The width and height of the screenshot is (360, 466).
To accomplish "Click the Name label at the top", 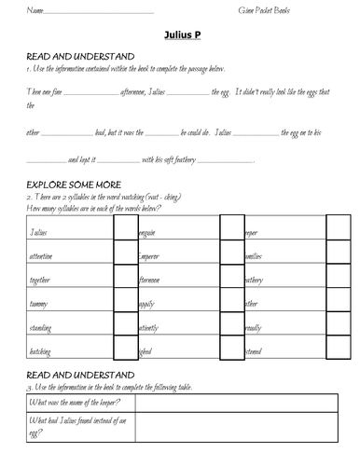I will tap(36, 10).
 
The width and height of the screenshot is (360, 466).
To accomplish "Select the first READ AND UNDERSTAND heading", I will tap(79, 57).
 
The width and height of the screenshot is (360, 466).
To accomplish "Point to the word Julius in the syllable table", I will tap(39, 230).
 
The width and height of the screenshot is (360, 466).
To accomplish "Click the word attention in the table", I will tap(42, 254).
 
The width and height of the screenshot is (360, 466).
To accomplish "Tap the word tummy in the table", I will tap(40, 304).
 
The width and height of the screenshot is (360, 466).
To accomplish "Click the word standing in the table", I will tap(42, 328).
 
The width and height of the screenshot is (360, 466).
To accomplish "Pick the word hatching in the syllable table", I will tap(42, 352).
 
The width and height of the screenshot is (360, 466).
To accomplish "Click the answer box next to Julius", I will tap(125, 229).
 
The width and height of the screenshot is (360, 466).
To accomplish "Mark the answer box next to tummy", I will tap(125, 303).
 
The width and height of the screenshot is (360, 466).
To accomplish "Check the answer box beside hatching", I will tap(125, 352).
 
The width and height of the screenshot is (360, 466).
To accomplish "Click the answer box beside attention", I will tap(125, 254).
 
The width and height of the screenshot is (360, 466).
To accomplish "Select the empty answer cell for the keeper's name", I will tap(244, 403).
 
